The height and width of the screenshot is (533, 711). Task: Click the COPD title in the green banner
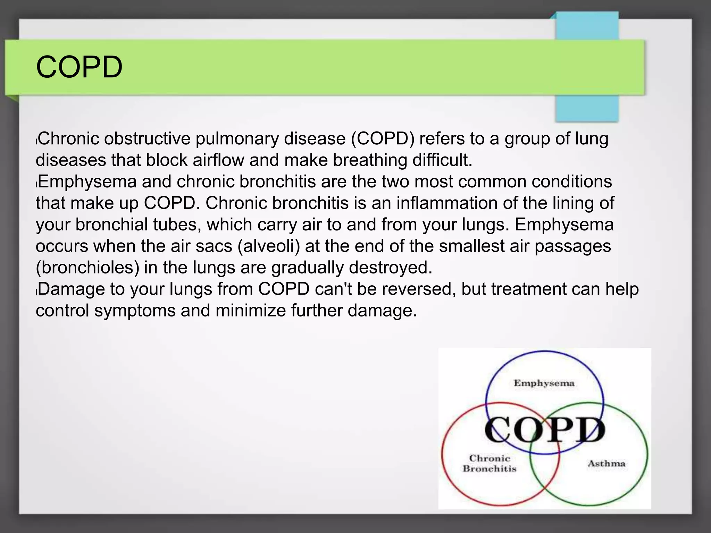coord(79,67)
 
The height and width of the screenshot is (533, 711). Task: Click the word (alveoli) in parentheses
coord(269,246)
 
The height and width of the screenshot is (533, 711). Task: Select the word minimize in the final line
coord(250,311)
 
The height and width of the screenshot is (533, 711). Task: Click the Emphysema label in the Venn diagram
coord(544,383)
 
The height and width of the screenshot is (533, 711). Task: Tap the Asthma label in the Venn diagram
coord(606,464)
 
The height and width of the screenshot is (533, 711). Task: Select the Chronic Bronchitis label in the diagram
coord(490,464)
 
